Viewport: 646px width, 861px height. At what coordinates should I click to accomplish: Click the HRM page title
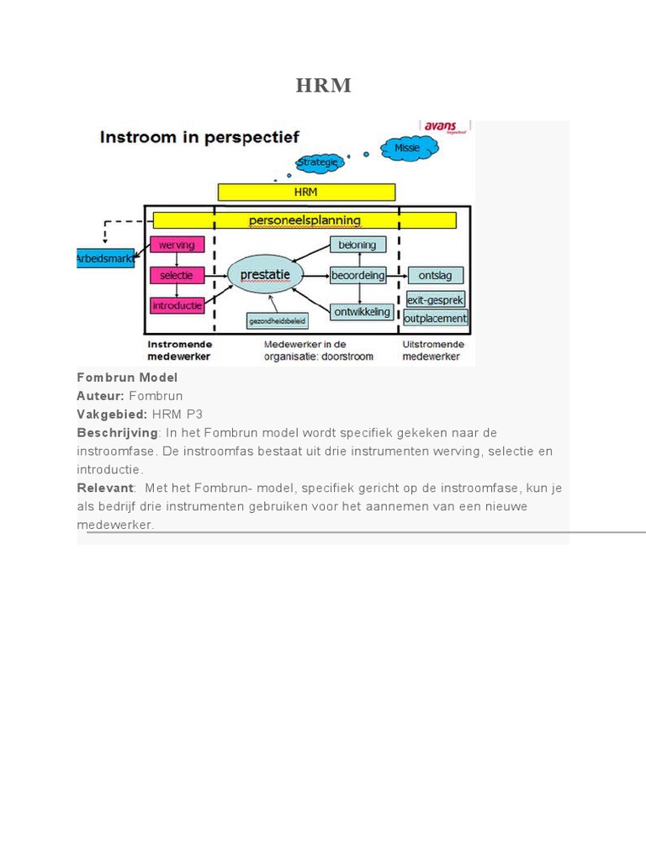(x=323, y=86)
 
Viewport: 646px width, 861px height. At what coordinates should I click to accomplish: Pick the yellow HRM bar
(x=306, y=193)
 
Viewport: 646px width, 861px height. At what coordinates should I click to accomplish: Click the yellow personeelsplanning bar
(x=304, y=220)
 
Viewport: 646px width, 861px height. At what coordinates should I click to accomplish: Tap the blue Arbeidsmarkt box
(x=105, y=259)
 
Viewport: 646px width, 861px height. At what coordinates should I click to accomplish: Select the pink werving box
(x=177, y=245)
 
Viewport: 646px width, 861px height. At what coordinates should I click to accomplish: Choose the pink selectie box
(x=177, y=275)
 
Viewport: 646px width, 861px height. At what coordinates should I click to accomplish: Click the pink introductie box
(x=177, y=306)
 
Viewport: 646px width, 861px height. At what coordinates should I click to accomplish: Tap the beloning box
(x=357, y=245)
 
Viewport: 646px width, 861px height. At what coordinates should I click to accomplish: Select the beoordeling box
(x=357, y=275)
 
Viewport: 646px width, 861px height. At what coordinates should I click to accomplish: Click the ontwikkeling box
(x=361, y=312)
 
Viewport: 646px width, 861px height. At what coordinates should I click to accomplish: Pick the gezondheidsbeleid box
(x=278, y=321)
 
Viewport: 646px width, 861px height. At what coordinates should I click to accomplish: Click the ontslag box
(x=435, y=275)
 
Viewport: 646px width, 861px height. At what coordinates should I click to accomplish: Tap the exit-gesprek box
(x=435, y=300)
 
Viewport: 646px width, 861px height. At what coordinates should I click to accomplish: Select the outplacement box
(x=435, y=319)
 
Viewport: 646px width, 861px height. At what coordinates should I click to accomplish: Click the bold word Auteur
(x=100, y=395)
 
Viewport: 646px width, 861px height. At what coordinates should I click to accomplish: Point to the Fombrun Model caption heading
(x=127, y=378)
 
